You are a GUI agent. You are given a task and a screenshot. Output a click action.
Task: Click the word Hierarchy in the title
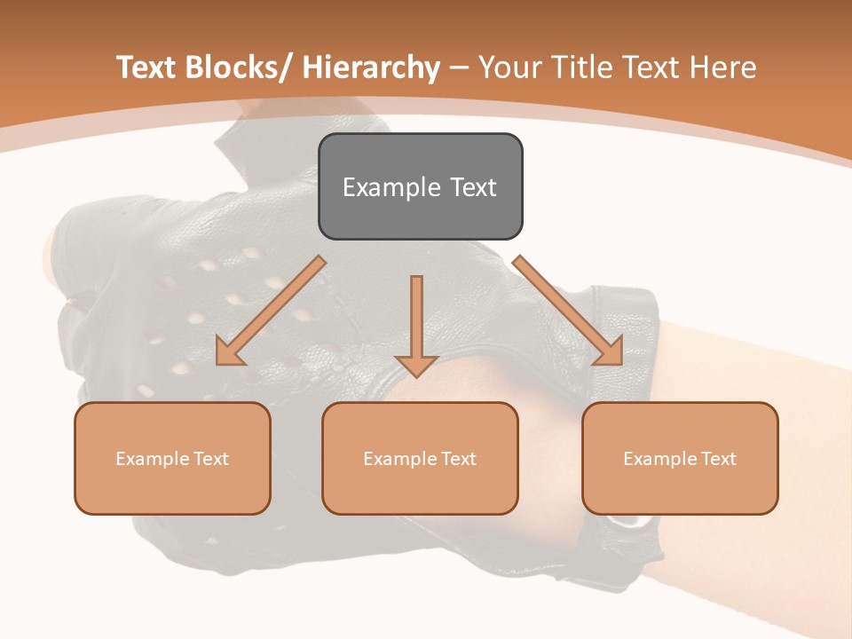point(370,68)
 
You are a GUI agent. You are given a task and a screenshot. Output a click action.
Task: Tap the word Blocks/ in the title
point(235,68)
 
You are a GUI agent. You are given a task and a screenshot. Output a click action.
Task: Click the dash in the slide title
point(459,68)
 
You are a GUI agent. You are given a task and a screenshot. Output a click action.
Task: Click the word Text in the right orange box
point(718,459)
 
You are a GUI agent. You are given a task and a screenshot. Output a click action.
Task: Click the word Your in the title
point(510,68)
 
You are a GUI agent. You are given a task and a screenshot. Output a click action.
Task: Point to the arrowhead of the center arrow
point(416,365)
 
